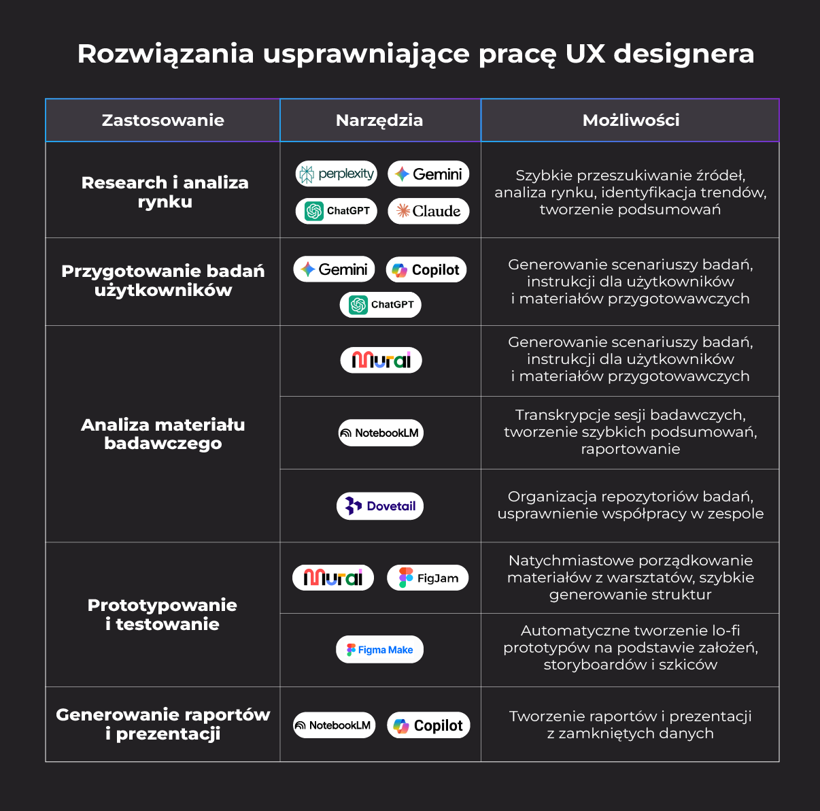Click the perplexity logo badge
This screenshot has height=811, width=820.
(337, 174)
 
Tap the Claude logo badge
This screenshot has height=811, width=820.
(429, 211)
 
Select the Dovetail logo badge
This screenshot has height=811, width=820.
(380, 506)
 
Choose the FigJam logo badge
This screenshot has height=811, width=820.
(428, 578)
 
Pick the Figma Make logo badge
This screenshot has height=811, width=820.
(379, 650)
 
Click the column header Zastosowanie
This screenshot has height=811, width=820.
(163, 120)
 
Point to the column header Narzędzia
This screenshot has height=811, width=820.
(379, 120)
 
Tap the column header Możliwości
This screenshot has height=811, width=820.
(630, 120)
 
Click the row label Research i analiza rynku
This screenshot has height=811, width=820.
(165, 192)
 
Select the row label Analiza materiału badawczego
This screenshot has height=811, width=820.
(163, 434)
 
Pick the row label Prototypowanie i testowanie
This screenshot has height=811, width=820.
(163, 614)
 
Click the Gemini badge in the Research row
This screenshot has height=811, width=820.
(429, 174)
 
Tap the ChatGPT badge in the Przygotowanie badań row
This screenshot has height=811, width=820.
(381, 305)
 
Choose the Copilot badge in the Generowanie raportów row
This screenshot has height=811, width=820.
(429, 726)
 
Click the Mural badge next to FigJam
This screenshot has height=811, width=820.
(333, 578)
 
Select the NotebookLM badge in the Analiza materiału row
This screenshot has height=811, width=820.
(381, 433)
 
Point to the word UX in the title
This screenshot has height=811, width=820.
(585, 54)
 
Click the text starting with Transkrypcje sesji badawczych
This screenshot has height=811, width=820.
(630, 432)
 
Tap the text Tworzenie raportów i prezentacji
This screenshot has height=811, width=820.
(630, 725)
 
